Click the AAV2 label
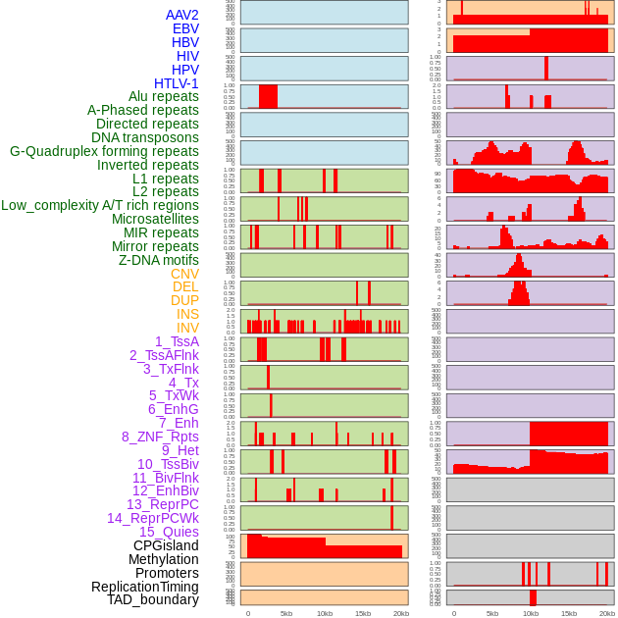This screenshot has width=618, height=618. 182,15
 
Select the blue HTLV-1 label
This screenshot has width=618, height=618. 177,83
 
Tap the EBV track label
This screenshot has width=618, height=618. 185,28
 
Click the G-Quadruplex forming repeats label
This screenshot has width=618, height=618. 104,152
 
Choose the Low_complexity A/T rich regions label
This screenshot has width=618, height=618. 100,206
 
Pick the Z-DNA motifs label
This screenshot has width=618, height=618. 159,260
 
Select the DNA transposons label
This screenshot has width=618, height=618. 145,138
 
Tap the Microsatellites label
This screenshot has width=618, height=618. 155,220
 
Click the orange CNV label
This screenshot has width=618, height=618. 184,274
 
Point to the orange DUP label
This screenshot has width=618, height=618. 184,301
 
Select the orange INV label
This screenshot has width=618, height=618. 187,328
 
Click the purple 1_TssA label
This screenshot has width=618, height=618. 177,341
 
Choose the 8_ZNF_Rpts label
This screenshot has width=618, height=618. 160,437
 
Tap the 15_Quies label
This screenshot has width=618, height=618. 169,532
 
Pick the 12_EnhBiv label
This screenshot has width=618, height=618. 166,490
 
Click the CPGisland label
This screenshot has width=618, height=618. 166,545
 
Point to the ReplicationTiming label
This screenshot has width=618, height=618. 145,587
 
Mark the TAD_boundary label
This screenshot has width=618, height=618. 153,599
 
